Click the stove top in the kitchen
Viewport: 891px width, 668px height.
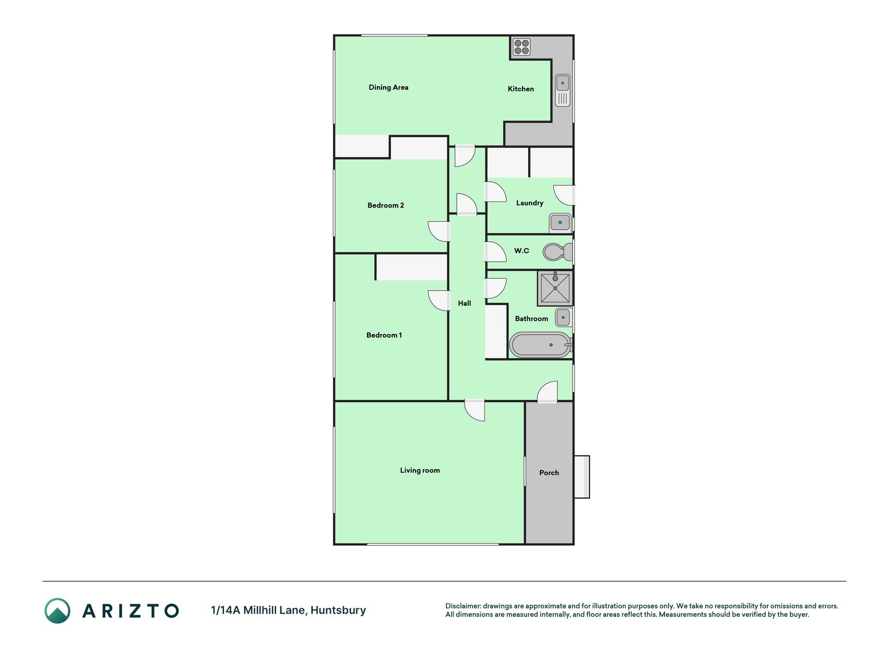click(x=521, y=47)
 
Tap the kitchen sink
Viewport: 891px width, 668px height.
click(x=563, y=91)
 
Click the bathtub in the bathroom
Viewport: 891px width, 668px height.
click(x=541, y=345)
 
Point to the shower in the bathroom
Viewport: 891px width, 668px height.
click(x=555, y=288)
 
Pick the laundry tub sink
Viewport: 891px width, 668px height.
click(x=560, y=223)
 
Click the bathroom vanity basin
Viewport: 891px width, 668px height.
click(x=563, y=317)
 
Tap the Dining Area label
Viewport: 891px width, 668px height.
click(x=388, y=87)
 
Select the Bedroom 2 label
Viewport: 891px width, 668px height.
click(x=386, y=205)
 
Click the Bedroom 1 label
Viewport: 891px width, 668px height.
click(x=384, y=335)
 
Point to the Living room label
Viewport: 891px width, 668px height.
click(x=420, y=470)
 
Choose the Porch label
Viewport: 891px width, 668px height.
click(x=549, y=472)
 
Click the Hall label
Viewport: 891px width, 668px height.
click(x=465, y=303)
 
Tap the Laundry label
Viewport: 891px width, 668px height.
click(x=530, y=202)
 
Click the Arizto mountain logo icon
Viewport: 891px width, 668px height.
click(x=57, y=611)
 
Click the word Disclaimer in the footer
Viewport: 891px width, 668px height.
click(x=462, y=606)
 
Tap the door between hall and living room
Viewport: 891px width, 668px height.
click(x=474, y=410)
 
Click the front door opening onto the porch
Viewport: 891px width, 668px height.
click(x=548, y=392)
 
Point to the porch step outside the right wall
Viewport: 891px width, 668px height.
click(x=582, y=477)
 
